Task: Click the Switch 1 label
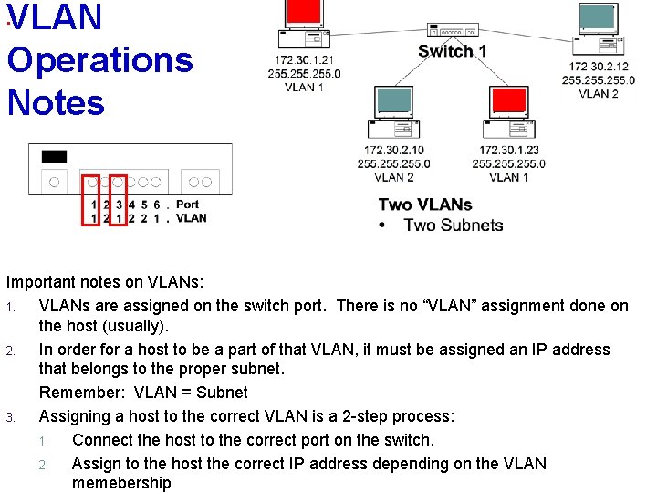[452, 51]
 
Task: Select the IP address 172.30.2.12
[599, 67]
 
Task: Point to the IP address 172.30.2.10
[393, 151]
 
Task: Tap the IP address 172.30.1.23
[508, 151]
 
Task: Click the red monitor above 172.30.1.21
[304, 13]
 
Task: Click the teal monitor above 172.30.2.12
[598, 16]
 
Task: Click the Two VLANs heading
[425, 205]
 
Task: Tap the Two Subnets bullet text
[453, 226]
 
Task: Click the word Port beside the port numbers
[187, 205]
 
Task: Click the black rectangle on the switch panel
[54, 157]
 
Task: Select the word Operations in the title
[99, 60]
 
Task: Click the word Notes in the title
[56, 101]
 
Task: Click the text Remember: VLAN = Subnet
[143, 393]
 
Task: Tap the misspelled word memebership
[121, 483]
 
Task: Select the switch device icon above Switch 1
[452, 31]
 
